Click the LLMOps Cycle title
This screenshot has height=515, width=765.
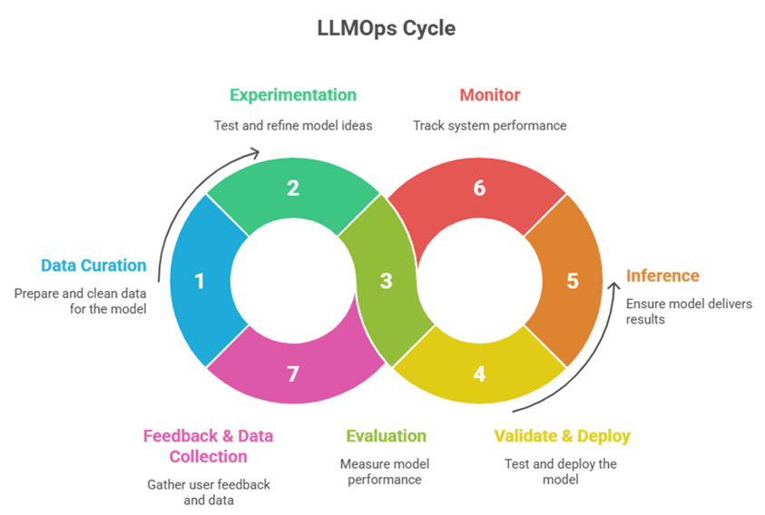point(386,28)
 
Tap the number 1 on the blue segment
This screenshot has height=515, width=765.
point(200,281)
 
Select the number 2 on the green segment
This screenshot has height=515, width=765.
point(293,189)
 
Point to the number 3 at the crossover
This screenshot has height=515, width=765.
point(386,281)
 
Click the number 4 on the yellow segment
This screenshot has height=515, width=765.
point(479,373)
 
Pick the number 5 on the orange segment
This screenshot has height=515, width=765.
point(572,281)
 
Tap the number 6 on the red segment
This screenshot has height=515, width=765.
point(479,189)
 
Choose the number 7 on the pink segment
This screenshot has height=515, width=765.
point(293,373)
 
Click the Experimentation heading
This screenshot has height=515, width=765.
point(293,95)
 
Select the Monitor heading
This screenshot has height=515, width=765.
point(490,95)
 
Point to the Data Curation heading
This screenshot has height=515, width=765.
point(93,266)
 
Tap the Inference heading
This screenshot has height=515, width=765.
point(662,276)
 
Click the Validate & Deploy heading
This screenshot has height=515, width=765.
point(562,436)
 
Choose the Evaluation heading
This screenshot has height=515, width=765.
point(386,436)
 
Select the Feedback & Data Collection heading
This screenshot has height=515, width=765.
point(208,446)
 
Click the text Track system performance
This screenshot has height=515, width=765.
point(490,126)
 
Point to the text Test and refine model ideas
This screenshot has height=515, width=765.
point(293,126)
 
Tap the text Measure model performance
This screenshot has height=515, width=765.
point(386,471)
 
